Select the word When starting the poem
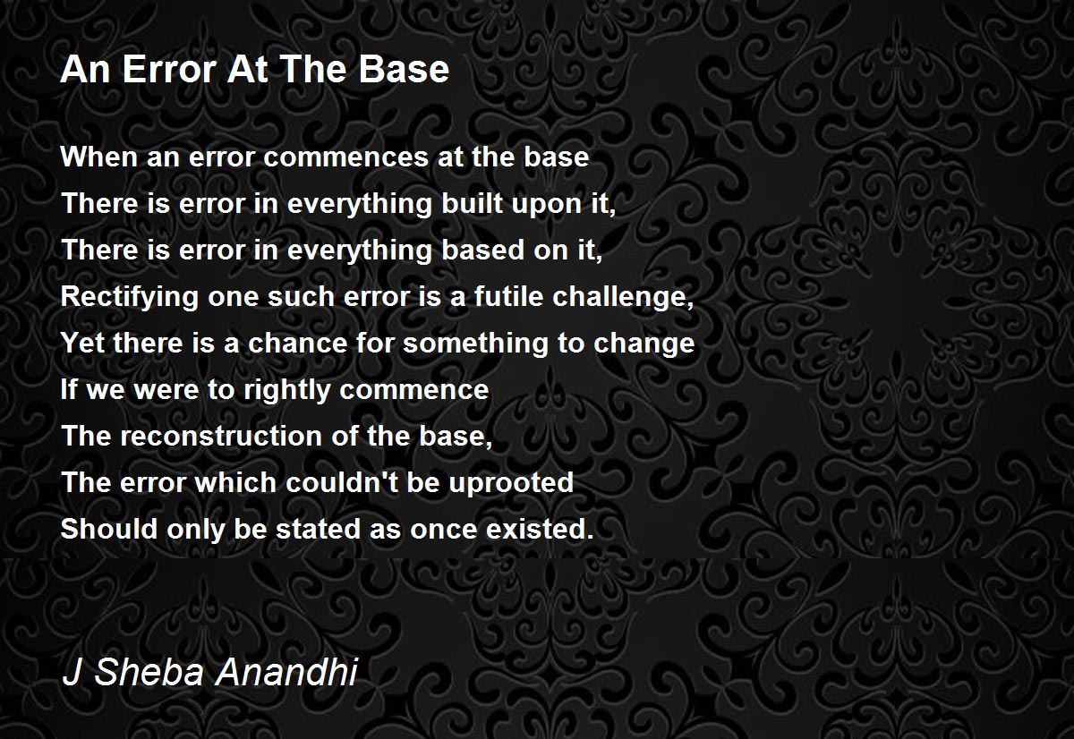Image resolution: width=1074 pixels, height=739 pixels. pos(99,157)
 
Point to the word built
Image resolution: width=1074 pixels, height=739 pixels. pos(472,203)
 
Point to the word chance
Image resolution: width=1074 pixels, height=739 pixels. pos(297,343)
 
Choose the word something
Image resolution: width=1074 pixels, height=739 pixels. pos(474,344)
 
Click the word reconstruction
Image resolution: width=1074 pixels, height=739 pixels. pos(220,436)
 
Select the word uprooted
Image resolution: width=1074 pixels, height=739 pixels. pos(511,484)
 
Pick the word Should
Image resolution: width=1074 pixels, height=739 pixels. pos(109,529)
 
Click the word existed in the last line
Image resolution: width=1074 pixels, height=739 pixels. pos(540,529)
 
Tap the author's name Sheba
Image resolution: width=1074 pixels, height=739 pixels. pos(149,671)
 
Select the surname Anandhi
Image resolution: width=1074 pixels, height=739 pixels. pos(286,671)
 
